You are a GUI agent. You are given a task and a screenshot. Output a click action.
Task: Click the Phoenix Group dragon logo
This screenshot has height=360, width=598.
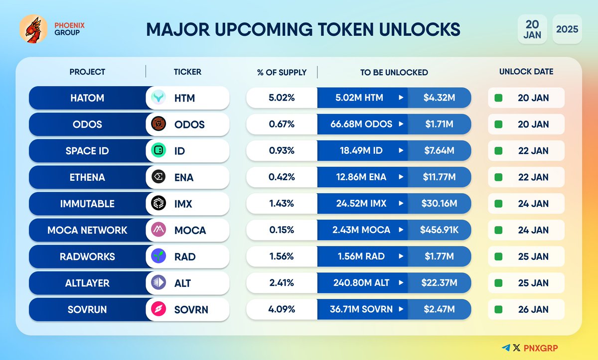[x=33, y=29]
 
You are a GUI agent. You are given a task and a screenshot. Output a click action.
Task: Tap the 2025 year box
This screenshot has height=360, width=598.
[x=567, y=29]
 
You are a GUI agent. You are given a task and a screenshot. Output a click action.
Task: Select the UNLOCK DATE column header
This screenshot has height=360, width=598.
[x=526, y=72]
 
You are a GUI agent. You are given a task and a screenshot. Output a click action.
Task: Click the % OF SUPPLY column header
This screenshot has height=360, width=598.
[x=282, y=72]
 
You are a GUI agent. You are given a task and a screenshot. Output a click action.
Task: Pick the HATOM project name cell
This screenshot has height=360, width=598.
[x=87, y=98]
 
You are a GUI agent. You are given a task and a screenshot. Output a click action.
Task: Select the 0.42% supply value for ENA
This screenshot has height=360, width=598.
[x=282, y=177]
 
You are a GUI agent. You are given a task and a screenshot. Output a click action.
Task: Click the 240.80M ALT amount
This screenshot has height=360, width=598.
[x=361, y=283]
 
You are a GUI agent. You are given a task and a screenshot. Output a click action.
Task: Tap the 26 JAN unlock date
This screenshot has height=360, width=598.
[x=533, y=309]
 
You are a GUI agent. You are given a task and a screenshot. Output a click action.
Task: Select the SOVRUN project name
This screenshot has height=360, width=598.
[x=87, y=309]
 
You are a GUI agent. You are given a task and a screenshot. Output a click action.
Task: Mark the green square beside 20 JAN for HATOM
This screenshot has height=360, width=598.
[x=498, y=98]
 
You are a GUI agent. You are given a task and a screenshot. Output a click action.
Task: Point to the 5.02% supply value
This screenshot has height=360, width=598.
[x=282, y=98]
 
